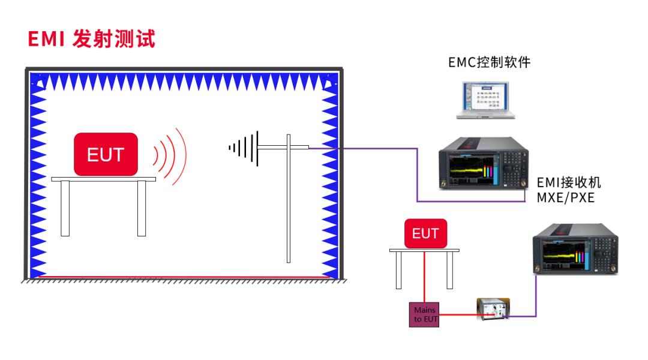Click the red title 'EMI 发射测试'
point(91,39)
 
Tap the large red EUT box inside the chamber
point(106,154)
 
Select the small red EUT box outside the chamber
point(425,233)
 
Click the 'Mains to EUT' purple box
point(424,314)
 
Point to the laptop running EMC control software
point(485,100)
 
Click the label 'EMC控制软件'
point(490,62)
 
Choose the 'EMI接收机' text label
point(569,182)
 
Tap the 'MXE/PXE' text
point(565,197)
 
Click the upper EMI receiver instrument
point(484,163)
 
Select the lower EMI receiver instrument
point(575,248)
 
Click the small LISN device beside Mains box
point(493,309)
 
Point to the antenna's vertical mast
point(289,199)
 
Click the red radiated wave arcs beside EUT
point(170,156)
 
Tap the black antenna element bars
point(244,148)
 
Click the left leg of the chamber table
point(65,208)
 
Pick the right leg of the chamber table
point(142,208)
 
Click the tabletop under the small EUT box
point(424,250)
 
